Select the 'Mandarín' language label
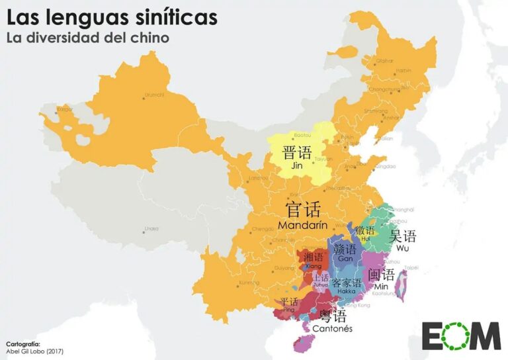coord(303,225)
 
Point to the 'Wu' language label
coord(403,248)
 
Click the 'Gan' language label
coord(346,259)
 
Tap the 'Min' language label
coord(381,286)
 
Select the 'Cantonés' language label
coord(333,328)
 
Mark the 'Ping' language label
coord(288,309)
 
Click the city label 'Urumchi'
coord(153,95)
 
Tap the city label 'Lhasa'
coord(151,229)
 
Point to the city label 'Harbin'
coord(403,69)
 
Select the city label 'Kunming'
coord(249,283)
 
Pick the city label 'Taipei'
coord(411,268)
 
